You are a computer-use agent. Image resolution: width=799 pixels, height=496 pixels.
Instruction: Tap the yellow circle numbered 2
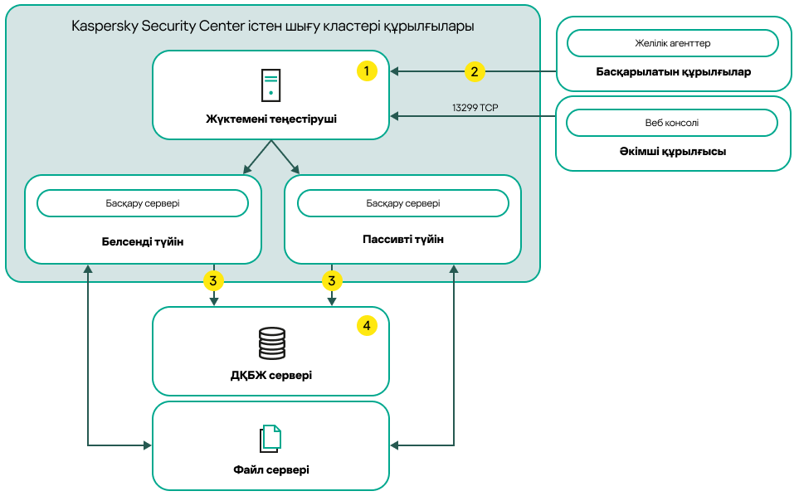pos(474,71)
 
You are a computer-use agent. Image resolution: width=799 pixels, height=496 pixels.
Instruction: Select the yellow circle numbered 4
pos(367,326)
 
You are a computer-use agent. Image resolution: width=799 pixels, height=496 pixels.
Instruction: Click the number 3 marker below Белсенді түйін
pos(213,281)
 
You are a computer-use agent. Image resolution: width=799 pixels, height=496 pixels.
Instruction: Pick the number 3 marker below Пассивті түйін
pos(332,281)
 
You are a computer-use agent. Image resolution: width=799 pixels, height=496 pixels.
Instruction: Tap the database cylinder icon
pos(271,343)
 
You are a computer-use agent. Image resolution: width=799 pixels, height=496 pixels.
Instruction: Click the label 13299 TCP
pos(475,108)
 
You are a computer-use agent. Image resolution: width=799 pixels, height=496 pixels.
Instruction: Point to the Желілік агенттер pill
pos(672,43)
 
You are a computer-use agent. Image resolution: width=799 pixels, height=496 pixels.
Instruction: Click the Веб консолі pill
pos(672,123)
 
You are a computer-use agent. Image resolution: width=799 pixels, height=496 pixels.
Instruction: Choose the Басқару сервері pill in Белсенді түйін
pos(143,203)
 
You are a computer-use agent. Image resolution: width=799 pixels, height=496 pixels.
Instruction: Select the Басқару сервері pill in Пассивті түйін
pos(403,203)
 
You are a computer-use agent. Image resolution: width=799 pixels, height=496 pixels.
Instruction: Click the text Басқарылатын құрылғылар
pos(673,72)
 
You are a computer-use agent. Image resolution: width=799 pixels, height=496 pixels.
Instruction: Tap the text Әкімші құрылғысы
pos(673,153)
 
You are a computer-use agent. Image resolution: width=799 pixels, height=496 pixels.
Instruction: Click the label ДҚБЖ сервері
pos(271,375)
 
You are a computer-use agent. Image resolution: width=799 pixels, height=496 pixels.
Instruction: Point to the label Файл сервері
pos(271,470)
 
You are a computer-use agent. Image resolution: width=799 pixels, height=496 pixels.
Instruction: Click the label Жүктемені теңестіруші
pos(271,119)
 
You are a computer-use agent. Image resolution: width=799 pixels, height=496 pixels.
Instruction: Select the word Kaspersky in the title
pos(101,27)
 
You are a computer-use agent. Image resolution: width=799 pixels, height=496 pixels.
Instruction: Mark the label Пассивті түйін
pos(403,240)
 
